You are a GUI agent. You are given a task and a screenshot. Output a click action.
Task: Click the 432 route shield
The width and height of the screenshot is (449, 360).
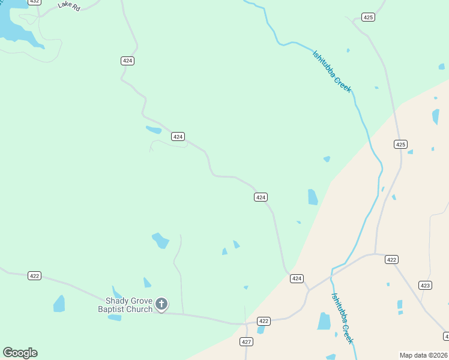[x=34, y=2]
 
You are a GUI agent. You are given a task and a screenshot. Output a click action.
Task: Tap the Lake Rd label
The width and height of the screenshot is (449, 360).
[x=69, y=5]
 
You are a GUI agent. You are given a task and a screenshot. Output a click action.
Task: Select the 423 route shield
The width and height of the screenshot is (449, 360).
[x=425, y=285]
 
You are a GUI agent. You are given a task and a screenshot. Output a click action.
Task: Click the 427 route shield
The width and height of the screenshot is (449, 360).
[x=246, y=341]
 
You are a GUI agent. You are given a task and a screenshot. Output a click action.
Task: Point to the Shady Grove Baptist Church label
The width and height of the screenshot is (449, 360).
[x=125, y=305]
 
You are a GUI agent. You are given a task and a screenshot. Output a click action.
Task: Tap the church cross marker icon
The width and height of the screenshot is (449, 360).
[x=161, y=304]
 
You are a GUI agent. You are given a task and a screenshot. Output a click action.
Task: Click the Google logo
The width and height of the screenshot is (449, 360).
[x=20, y=353]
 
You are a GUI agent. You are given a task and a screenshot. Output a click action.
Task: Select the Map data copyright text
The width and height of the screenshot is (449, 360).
[x=424, y=355]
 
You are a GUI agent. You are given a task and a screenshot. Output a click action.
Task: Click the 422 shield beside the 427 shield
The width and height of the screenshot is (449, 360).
[x=264, y=321]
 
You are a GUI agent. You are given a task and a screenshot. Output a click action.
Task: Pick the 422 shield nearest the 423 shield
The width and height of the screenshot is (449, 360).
[x=391, y=259]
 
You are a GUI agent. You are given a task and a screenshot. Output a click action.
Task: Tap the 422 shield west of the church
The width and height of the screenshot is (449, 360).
[x=34, y=275]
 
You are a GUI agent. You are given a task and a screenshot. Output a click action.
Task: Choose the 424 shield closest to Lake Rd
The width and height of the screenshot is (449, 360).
[x=127, y=61]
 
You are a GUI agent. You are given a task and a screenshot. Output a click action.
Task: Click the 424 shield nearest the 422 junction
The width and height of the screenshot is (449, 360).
[x=297, y=278]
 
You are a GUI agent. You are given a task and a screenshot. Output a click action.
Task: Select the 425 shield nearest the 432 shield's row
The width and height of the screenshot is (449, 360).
[x=369, y=17]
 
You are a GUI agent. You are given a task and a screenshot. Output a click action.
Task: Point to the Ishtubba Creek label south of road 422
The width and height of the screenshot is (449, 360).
[x=343, y=318]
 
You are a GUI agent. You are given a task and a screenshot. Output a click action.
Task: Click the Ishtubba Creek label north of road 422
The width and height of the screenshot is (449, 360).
[x=331, y=71]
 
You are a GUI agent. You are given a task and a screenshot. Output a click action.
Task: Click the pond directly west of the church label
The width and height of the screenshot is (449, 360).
[x=59, y=304]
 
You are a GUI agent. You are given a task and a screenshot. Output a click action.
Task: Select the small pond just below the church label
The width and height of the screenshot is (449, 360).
[x=115, y=317]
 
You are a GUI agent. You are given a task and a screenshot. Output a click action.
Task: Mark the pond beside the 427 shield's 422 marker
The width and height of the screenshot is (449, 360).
[x=261, y=329]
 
